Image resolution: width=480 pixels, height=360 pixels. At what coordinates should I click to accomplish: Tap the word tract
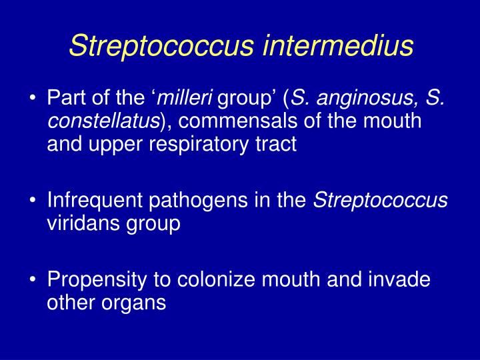(279, 144)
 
